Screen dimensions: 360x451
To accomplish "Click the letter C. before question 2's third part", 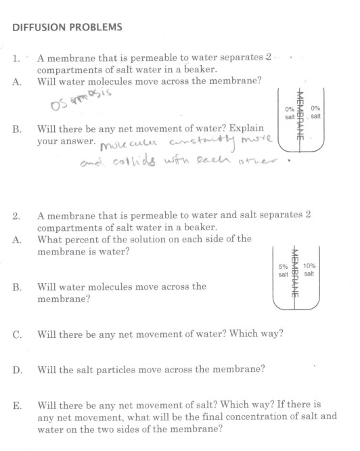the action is tap(16, 334).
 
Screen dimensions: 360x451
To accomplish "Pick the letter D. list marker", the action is tap(16, 370).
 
